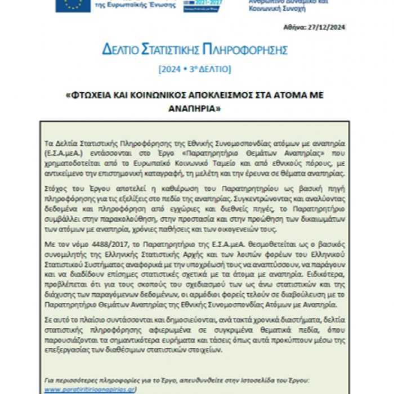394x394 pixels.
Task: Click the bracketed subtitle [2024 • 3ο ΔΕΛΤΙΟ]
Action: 195,69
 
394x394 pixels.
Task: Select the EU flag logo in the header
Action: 73,5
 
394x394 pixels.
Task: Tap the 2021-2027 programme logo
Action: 203,5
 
